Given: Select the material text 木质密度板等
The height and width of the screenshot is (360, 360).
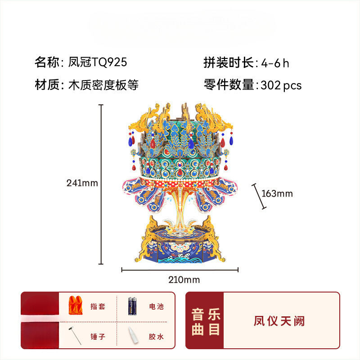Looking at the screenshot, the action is pos(103,85).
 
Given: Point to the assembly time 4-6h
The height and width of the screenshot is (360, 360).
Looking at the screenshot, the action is pos(275,63).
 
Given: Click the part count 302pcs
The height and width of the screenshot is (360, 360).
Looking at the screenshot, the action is pos(281,85).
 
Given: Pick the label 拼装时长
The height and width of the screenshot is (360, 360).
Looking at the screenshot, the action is pos(229,63).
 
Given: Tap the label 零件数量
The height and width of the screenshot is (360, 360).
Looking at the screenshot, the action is pos(229,85).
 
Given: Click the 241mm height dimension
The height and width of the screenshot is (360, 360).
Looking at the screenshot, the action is pos(82,183).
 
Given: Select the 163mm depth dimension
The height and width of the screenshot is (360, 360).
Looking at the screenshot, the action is pos(277,193).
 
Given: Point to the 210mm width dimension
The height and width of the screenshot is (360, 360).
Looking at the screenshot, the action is pos(184,280).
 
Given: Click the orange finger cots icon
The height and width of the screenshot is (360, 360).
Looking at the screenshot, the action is pos(75,306).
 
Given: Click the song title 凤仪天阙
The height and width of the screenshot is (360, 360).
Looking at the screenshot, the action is pos(279,321).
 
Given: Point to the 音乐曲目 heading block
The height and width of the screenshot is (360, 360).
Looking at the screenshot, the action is pos(205,321).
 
